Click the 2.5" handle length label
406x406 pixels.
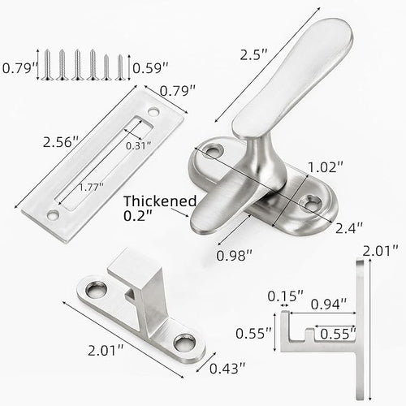pyautogui.click(x=255, y=55)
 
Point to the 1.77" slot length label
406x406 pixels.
pyautogui.click(x=91, y=185)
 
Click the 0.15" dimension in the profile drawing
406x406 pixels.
pyautogui.click(x=285, y=296)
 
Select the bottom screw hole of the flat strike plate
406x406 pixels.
pyautogui.click(x=53, y=215)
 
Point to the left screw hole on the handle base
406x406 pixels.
pyautogui.click(x=214, y=150)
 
